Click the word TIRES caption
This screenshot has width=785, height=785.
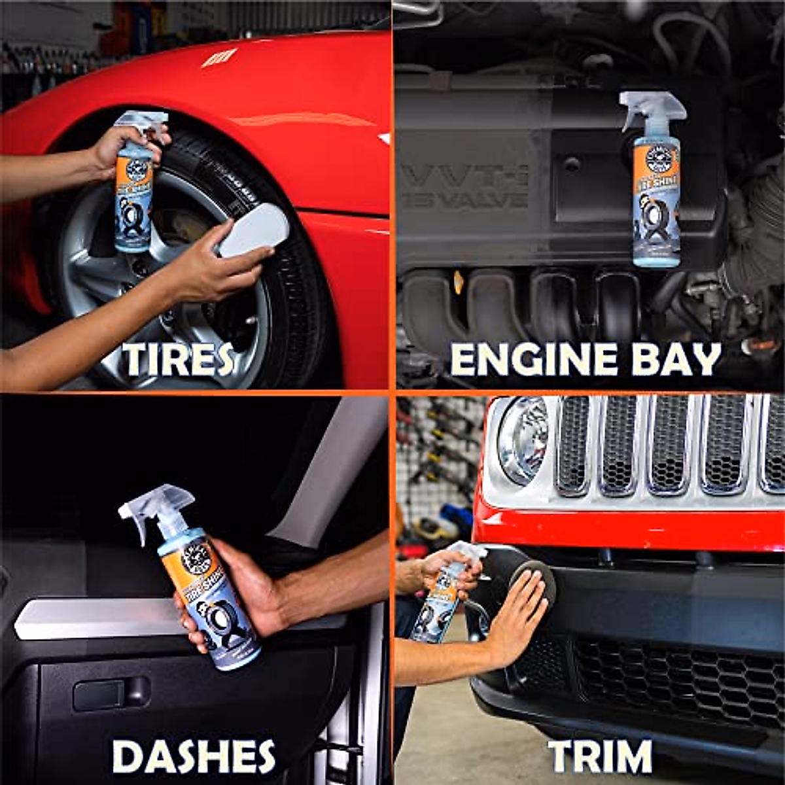tap(178, 359)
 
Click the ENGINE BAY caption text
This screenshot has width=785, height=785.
tap(585, 359)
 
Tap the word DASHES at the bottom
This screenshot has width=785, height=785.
tap(194, 756)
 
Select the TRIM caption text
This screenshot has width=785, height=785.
tap(600, 756)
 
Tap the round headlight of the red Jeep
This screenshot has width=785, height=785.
tap(522, 440)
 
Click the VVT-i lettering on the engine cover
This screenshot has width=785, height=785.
tap(464, 177)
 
